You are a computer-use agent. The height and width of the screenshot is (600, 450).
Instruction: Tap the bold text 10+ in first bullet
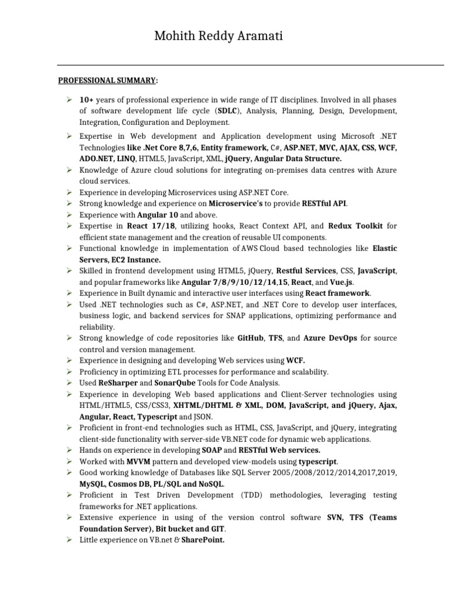click(87, 100)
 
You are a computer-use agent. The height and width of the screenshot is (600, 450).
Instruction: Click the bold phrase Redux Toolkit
click(356, 226)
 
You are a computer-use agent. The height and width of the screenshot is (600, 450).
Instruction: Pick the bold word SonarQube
click(176, 383)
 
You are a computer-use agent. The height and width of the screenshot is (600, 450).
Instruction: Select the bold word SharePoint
click(203, 540)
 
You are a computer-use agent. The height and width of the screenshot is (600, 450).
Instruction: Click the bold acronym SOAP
click(212, 451)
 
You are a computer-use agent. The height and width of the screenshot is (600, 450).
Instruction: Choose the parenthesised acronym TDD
click(251, 495)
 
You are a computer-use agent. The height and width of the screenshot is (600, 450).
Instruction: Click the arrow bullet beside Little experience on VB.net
click(69, 540)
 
